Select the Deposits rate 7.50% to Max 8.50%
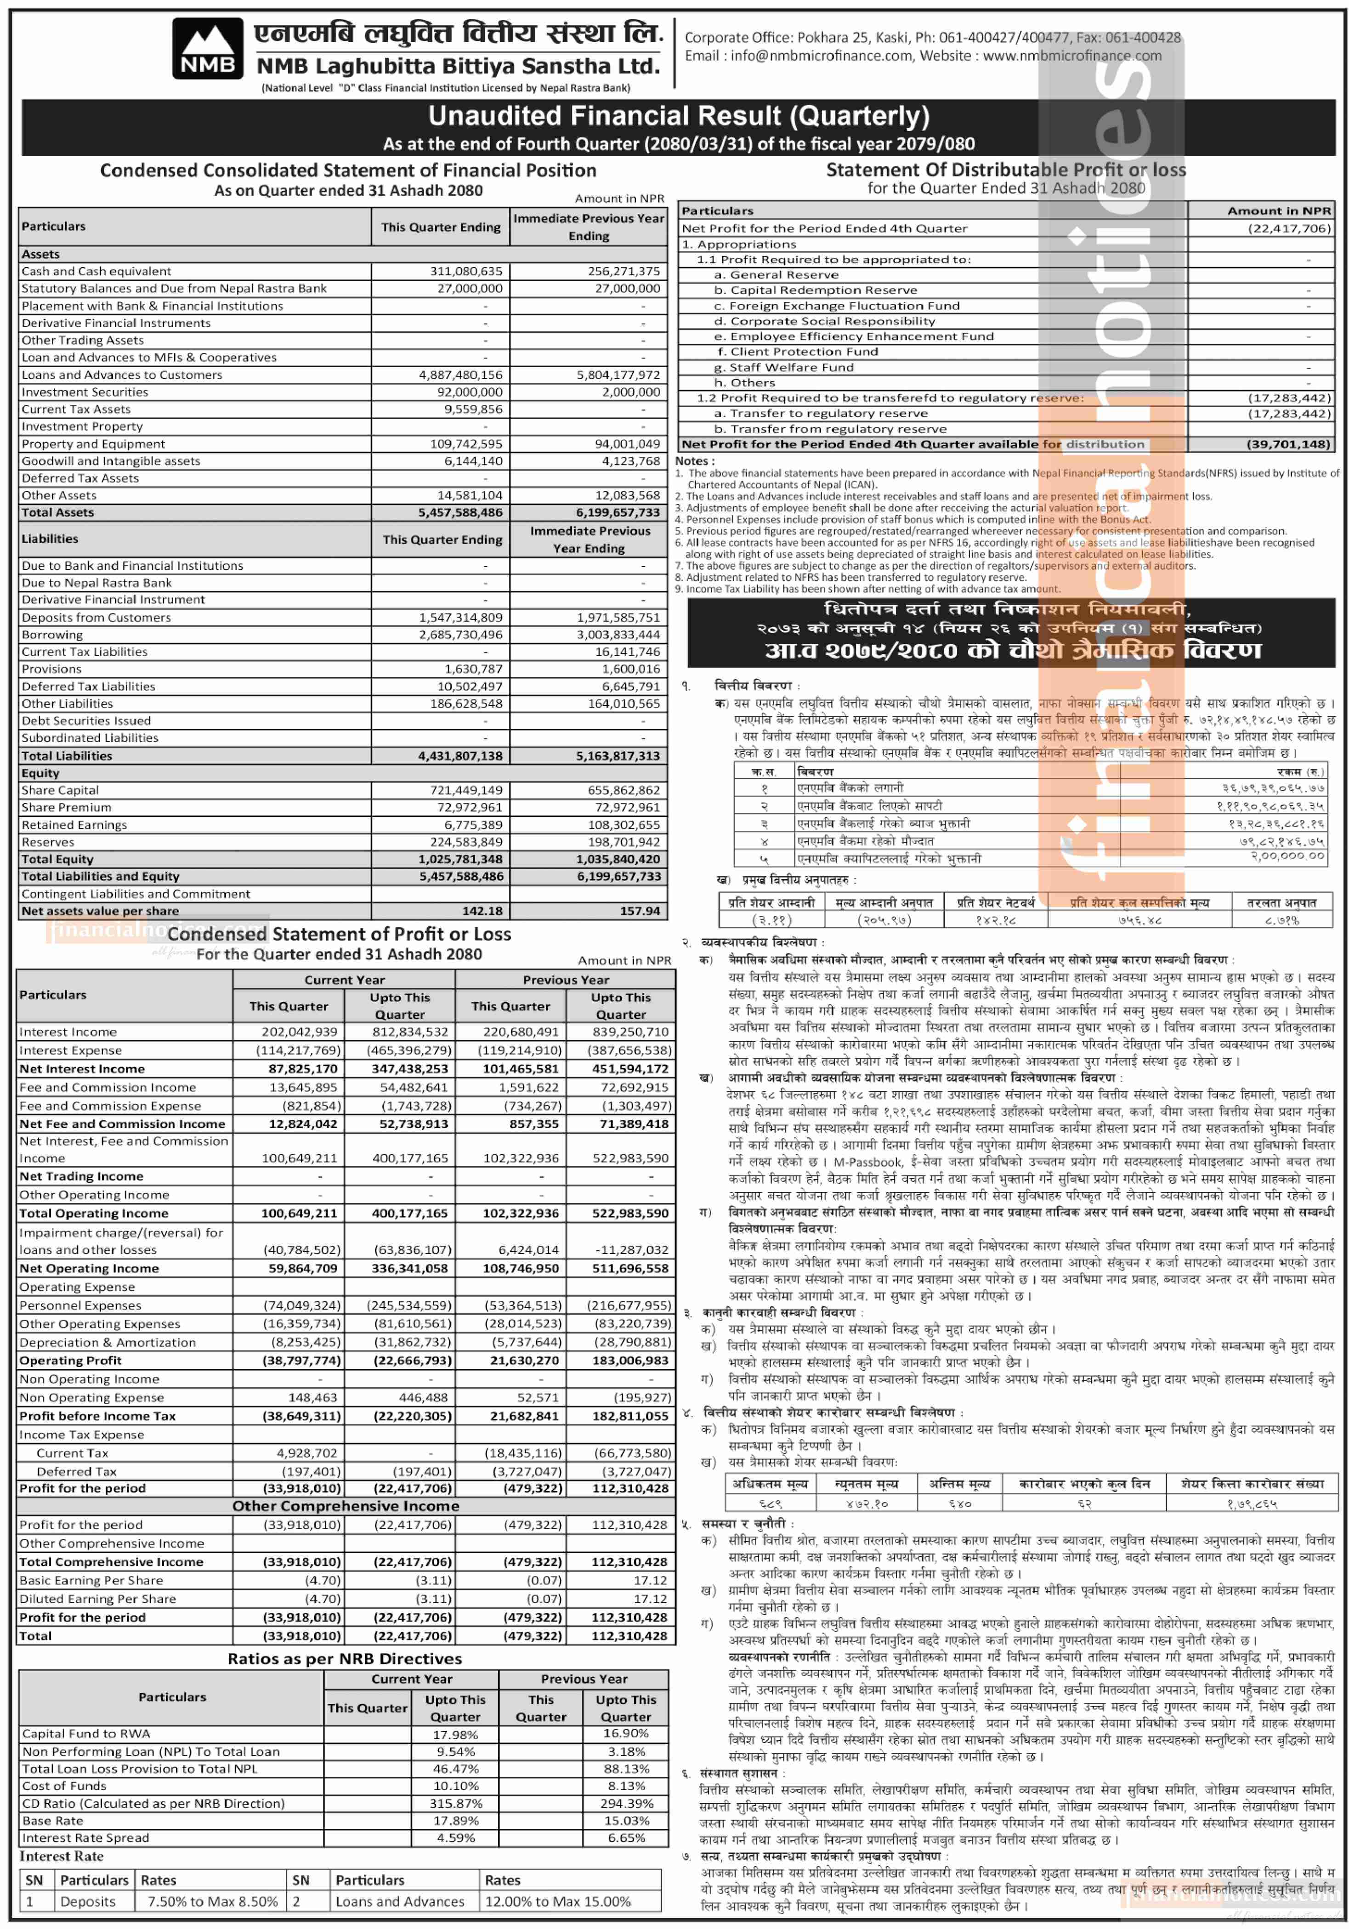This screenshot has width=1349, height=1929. pos(213,1901)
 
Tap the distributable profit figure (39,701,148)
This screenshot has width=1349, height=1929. pos(1288,444)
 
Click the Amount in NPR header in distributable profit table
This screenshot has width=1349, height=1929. pos(1278,211)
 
